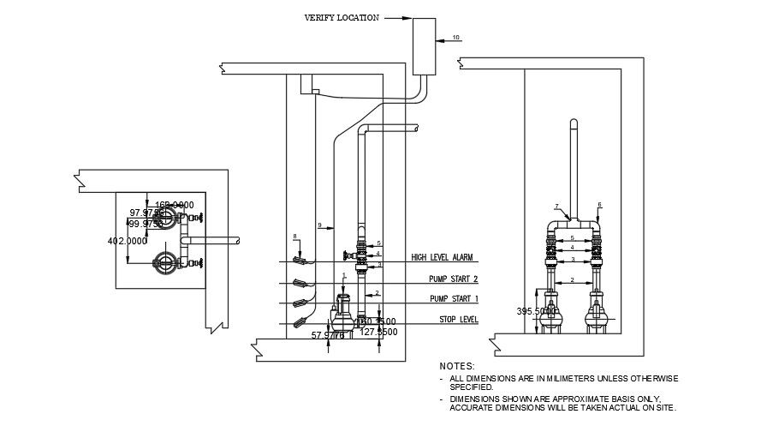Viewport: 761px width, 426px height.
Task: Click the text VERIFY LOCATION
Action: click(341, 17)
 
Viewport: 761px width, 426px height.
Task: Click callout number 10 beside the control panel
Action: click(455, 37)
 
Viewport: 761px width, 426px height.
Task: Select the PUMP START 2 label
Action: click(454, 279)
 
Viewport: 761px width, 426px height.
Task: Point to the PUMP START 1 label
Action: click(454, 299)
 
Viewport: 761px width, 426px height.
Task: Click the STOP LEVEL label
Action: click(458, 320)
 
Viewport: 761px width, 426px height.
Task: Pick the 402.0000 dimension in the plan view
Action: click(128, 242)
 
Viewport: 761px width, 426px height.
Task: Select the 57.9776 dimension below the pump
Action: click(328, 336)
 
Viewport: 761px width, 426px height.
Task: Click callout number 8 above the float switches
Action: click(294, 236)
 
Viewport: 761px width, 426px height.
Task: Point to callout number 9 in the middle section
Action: click(318, 225)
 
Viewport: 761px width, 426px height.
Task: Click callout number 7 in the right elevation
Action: click(556, 207)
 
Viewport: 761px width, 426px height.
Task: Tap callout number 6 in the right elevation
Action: click(600, 204)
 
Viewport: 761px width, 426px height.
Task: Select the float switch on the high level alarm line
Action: click(299, 260)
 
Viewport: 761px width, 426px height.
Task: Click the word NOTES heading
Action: click(457, 366)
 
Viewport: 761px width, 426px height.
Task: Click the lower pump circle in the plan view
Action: click(163, 263)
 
